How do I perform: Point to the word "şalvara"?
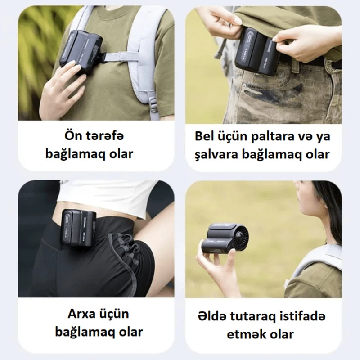click(213, 154)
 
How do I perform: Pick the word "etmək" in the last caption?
click(242, 334)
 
